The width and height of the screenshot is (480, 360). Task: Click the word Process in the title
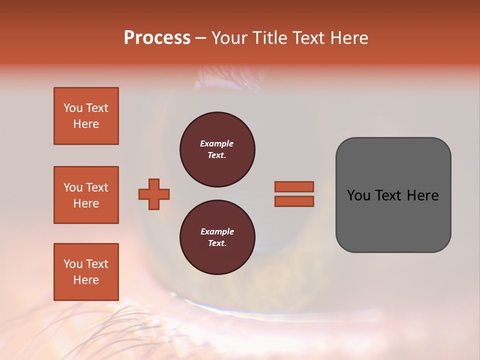point(157,38)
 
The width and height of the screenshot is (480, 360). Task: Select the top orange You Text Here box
point(86,116)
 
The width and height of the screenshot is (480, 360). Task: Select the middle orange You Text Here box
point(86,195)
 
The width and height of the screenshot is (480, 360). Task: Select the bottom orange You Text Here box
point(86,272)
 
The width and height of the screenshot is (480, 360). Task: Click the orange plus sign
point(154,194)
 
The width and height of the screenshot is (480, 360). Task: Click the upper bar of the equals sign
point(294,186)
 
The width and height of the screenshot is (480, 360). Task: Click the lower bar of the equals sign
point(294,201)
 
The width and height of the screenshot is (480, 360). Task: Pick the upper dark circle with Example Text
point(217,149)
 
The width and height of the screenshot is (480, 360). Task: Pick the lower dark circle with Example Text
point(217,237)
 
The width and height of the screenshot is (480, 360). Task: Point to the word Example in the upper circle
point(217,143)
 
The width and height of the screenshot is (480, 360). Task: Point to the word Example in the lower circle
point(217,231)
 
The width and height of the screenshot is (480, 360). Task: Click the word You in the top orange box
point(73,108)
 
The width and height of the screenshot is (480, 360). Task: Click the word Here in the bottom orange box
point(86,280)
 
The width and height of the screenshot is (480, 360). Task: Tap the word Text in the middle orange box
point(97,187)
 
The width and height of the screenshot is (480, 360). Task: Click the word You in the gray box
point(358,195)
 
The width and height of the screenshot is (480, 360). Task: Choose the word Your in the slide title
point(228,38)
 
